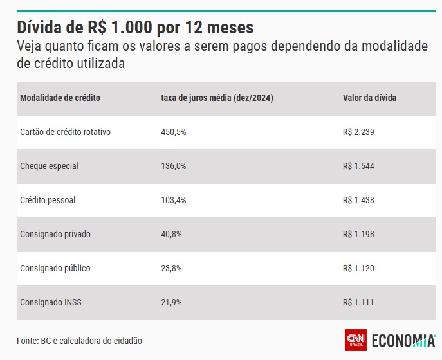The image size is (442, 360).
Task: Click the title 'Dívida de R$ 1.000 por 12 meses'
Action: click(135, 28)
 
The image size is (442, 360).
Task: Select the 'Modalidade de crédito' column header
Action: click(60, 98)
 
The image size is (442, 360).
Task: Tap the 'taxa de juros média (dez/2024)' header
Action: click(217, 98)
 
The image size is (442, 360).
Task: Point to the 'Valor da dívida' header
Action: click(369, 98)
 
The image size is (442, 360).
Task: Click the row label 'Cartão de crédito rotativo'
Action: click(66, 132)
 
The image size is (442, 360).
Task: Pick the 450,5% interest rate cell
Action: click(174, 132)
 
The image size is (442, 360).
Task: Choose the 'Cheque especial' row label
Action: click(49, 166)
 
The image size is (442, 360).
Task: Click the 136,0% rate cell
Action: click(174, 166)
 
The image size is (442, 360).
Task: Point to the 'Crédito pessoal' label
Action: click(48, 200)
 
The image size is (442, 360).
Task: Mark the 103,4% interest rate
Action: click(174, 200)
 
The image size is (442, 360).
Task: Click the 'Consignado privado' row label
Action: click(55, 234)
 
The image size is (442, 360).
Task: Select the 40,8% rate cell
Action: click(172, 234)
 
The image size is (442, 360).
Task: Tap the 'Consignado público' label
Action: click(55, 268)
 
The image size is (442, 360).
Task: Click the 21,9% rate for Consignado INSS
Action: click(172, 302)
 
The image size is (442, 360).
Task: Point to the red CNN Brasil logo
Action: click(356, 340)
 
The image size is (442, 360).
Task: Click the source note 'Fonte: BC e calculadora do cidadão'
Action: click(79, 340)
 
